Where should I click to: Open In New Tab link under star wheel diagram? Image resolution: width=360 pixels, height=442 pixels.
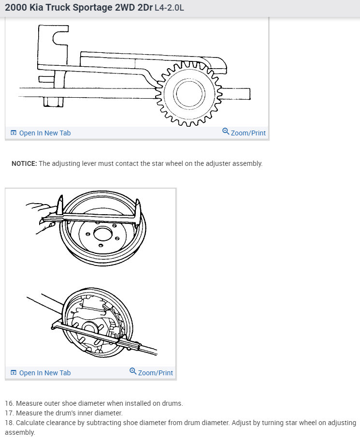tap(44, 133)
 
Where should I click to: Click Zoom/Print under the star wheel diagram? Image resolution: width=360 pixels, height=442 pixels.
tap(248, 133)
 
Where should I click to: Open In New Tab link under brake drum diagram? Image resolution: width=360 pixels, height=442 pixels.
tap(44, 373)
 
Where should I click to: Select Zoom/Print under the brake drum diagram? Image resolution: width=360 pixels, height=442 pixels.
tap(155, 373)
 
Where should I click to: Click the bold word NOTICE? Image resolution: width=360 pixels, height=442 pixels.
tap(24, 163)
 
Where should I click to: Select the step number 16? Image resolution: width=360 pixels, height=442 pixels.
tap(9, 403)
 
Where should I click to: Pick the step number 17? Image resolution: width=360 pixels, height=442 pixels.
tap(9, 413)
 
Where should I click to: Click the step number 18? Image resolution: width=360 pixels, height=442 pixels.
tap(9, 423)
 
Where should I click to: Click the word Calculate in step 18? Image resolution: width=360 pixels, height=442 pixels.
tap(31, 423)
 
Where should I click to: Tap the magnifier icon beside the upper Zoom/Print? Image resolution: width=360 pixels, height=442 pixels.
tap(226, 132)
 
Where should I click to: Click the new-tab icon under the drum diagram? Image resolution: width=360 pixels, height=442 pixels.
tap(14, 373)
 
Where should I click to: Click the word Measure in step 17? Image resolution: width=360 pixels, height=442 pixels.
tap(29, 413)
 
